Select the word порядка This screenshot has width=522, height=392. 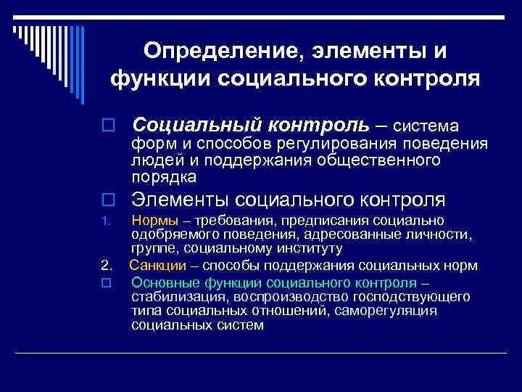164,176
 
